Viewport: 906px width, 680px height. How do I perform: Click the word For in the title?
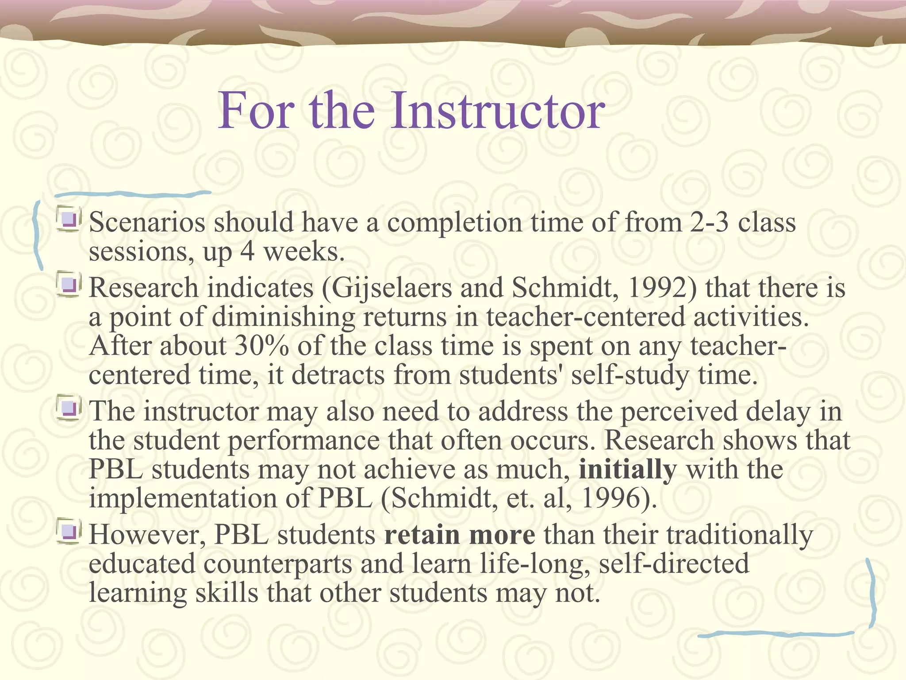pyautogui.click(x=256, y=111)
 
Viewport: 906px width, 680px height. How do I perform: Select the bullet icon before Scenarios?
pyautogui.click(x=69, y=220)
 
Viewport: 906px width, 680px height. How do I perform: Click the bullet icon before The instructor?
pyautogui.click(x=69, y=409)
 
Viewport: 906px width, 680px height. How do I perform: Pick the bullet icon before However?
pyautogui.click(x=69, y=532)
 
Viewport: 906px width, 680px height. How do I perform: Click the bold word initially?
pyautogui.click(x=628, y=470)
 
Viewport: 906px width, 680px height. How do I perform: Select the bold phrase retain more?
pyautogui.click(x=460, y=535)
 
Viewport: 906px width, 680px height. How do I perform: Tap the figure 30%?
pyautogui.click(x=261, y=346)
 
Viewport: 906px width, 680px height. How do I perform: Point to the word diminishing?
pyautogui.click(x=283, y=317)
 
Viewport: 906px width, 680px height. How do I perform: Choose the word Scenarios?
pyautogui.click(x=147, y=222)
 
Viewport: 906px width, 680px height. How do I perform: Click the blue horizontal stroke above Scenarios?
pyautogui.click(x=133, y=194)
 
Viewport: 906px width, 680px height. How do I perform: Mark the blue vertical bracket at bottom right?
pyautogui.click(x=871, y=593)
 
